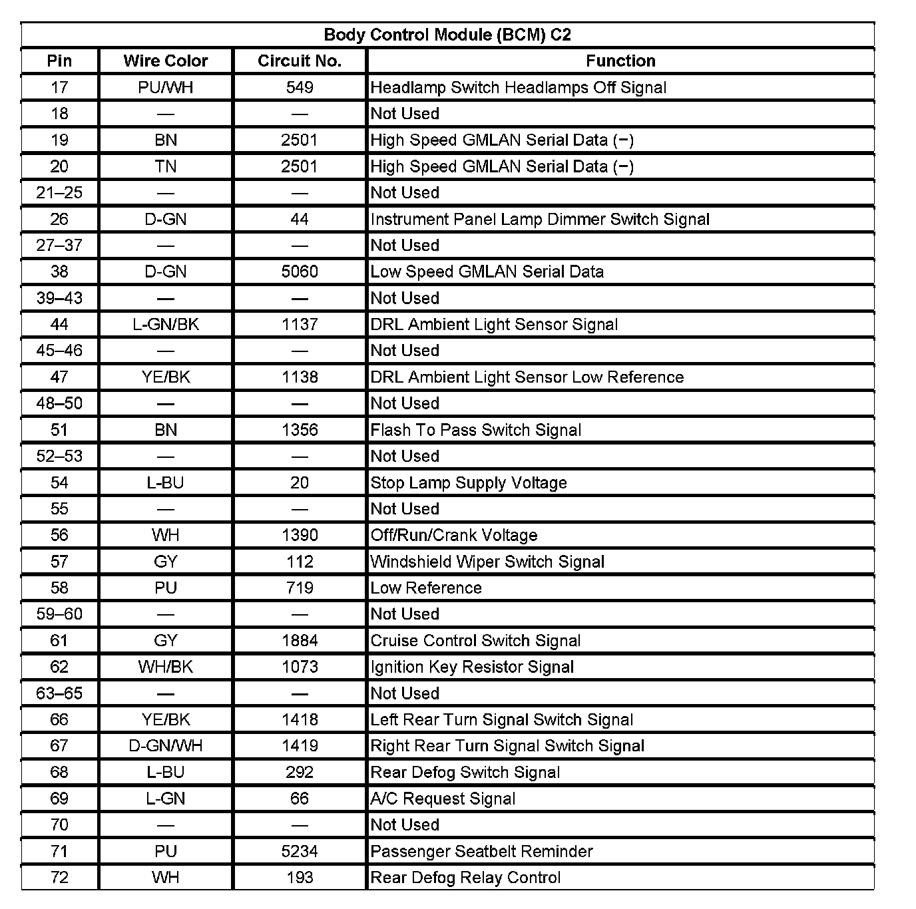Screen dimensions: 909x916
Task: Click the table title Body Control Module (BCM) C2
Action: [x=447, y=35]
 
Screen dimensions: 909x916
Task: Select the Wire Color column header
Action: [x=166, y=61]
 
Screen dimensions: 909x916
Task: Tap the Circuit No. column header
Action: [x=300, y=61]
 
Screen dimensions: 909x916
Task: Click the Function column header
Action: [x=620, y=61]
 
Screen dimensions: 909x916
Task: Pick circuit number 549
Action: [x=300, y=87]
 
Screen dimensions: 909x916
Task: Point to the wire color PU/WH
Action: [x=166, y=87]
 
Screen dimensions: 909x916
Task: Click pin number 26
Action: [x=59, y=219]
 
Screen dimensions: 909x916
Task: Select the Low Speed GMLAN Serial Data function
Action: [x=487, y=272]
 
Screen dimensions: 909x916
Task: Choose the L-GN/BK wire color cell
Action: [x=166, y=324]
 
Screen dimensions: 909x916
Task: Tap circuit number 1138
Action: [x=300, y=377]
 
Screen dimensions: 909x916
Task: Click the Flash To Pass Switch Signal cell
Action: [x=476, y=430]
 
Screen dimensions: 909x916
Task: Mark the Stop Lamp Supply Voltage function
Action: [x=469, y=482]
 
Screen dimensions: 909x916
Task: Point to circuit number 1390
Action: [x=300, y=535]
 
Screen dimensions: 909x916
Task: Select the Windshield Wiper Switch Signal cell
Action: [x=487, y=562]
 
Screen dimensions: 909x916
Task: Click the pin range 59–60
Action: [x=59, y=614]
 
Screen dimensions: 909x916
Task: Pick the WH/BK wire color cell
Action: [x=166, y=667]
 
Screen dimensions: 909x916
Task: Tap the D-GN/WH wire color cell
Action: [x=166, y=746]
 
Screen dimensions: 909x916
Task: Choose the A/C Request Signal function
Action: [x=443, y=799]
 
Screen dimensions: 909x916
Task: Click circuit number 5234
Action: [x=300, y=851]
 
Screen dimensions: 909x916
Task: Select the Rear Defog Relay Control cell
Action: [x=465, y=878]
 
